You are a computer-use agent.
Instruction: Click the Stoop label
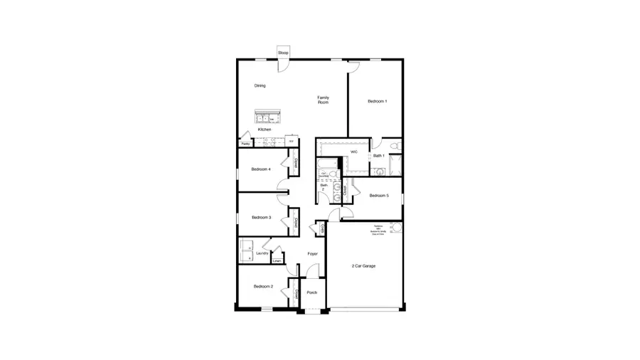point(283,53)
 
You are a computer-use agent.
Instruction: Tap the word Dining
point(260,86)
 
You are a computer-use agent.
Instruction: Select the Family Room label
point(323,100)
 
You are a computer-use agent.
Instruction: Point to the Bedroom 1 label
point(377,102)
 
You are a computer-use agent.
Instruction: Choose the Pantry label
point(245,144)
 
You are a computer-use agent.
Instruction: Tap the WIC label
point(353,152)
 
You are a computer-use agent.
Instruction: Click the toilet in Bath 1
point(398,148)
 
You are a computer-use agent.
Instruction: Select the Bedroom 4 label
point(261,169)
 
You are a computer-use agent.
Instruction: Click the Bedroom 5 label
point(378,196)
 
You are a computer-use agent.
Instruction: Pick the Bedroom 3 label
point(261,218)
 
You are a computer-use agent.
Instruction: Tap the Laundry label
point(262,253)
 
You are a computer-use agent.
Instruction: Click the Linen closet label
point(277,261)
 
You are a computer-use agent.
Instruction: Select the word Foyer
point(312,254)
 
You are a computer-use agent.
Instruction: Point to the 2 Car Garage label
point(363,266)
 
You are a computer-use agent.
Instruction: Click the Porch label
point(311,292)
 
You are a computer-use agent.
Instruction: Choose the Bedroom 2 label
point(262,287)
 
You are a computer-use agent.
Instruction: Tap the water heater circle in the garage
point(395,228)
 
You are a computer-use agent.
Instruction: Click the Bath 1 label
point(378,156)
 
